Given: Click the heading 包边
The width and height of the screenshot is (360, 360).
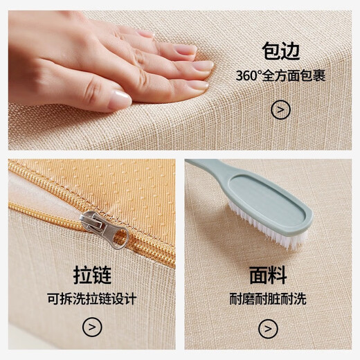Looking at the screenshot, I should click(x=280, y=52).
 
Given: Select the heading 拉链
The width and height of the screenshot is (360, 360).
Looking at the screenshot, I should click(x=92, y=276).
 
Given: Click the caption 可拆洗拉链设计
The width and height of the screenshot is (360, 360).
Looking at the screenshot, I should click(x=92, y=300).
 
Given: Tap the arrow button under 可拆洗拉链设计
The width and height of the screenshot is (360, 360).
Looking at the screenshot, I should click(x=92, y=327).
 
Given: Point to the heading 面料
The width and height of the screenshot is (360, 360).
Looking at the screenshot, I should click(x=268, y=276).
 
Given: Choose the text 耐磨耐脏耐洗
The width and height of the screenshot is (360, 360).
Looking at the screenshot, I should click(x=268, y=300).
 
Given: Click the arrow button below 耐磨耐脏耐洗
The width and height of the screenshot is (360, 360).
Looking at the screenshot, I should click(x=268, y=327).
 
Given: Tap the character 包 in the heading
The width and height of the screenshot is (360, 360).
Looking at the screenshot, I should click(x=270, y=52).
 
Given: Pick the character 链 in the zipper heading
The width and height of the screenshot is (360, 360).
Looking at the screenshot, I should click(x=102, y=276).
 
